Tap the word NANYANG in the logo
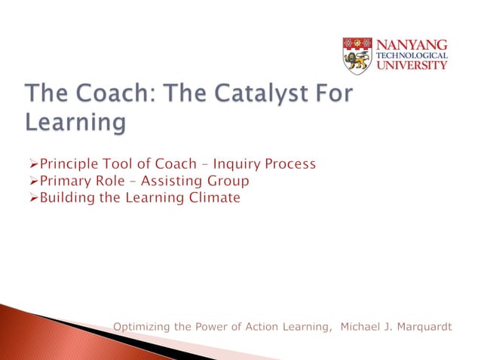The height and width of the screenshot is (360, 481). pos(418,44)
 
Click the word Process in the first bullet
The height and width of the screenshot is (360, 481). pos(288,164)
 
